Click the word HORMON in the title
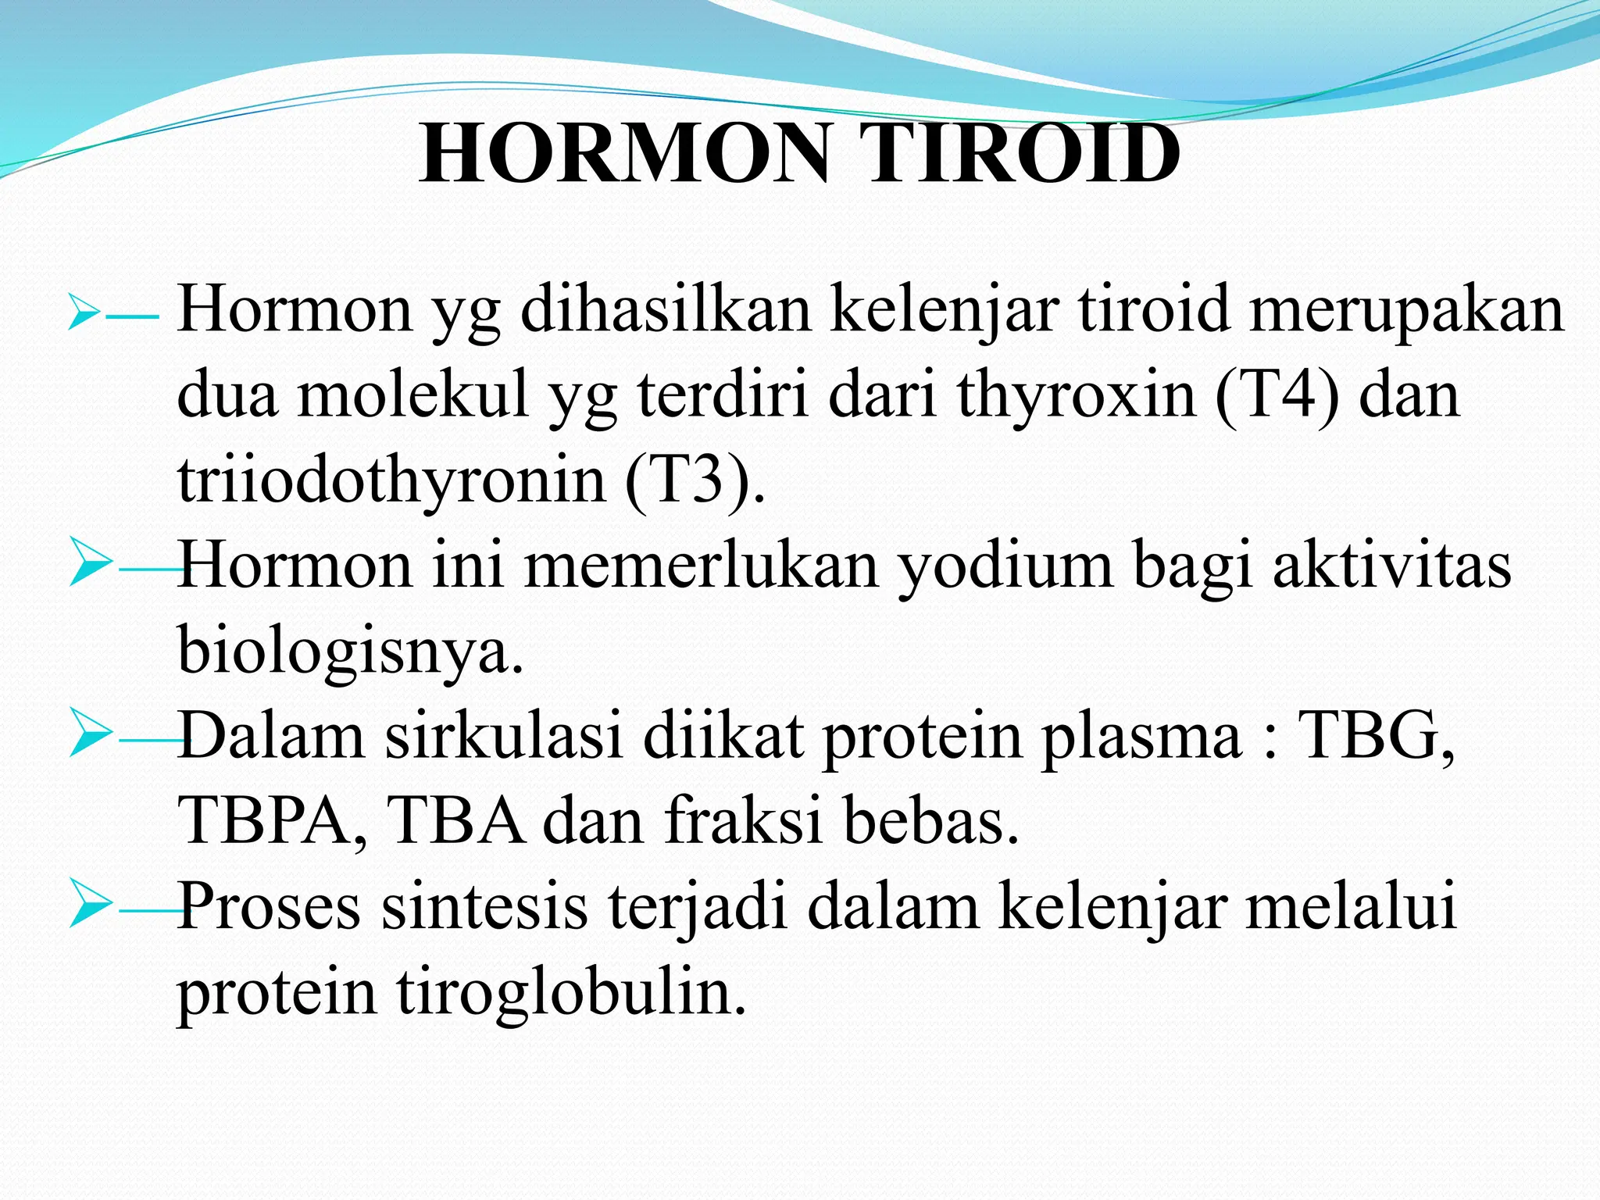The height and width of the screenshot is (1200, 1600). click(624, 154)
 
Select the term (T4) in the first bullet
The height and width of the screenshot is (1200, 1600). click(1277, 395)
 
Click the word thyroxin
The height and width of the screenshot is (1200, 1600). click(1076, 395)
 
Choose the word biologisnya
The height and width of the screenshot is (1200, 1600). click(350, 649)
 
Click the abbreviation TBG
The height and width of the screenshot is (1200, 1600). click(1375, 735)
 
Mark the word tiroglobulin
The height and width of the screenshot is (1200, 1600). click(571, 991)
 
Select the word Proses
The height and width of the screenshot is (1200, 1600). click(269, 906)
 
